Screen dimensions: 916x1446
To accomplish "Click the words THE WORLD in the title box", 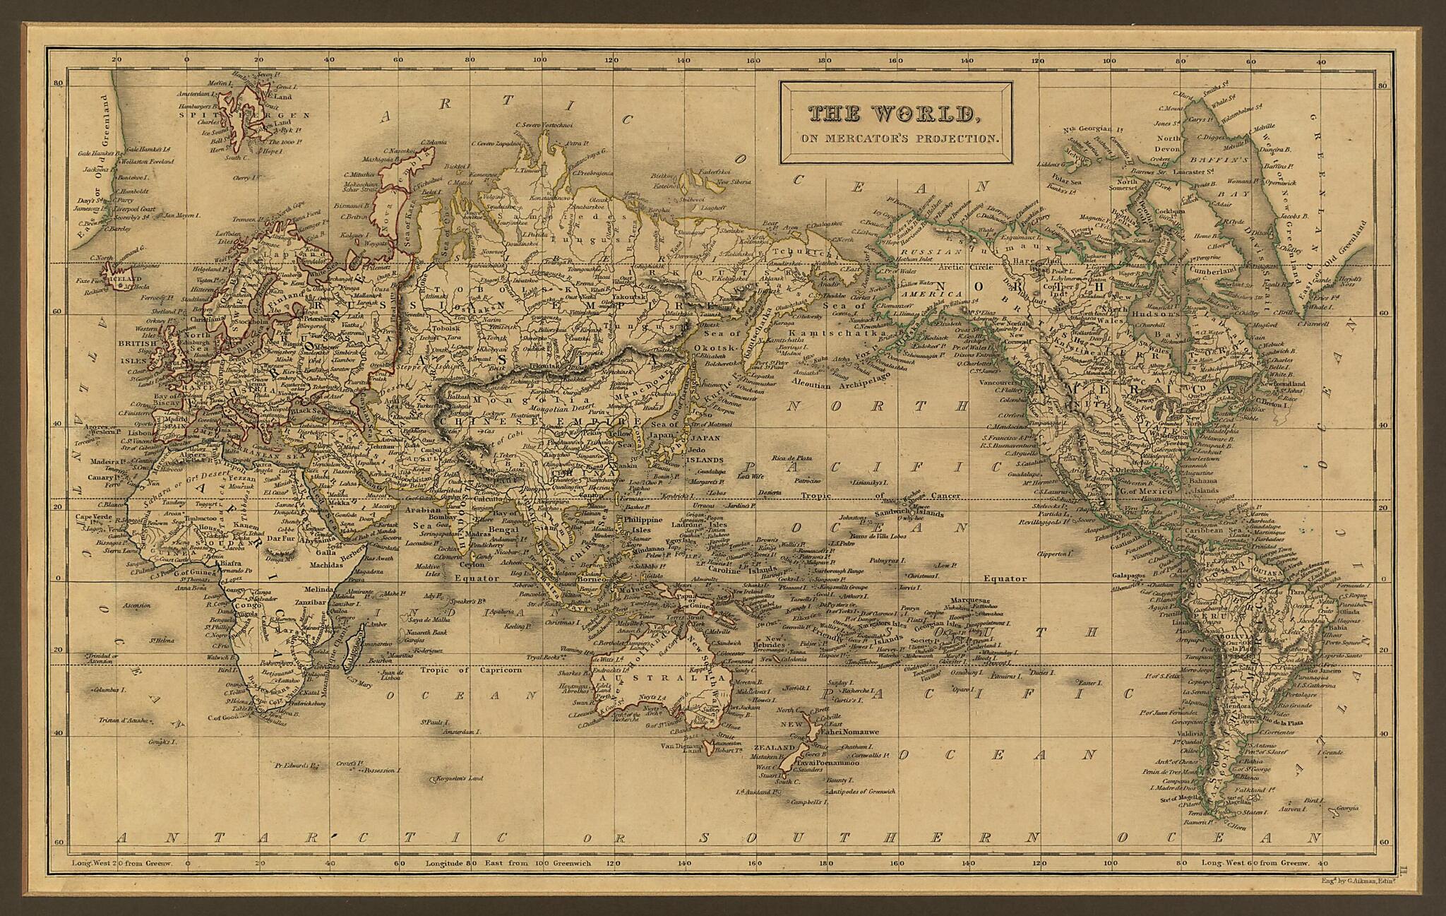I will click(893, 114).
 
